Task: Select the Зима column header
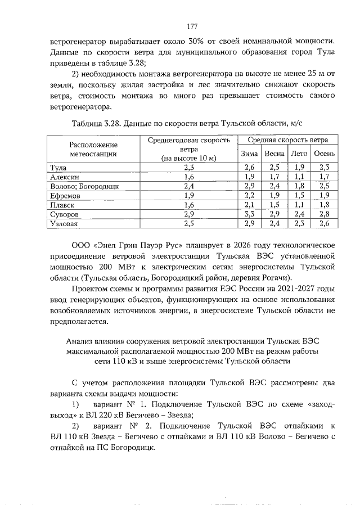pos(249,153)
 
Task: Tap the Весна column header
pos(274,153)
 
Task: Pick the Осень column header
pos(324,153)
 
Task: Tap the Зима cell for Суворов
pos(249,214)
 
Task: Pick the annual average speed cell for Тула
pos(188,167)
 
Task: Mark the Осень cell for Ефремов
pos(324,195)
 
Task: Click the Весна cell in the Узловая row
pos(274,223)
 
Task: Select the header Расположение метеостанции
pos(93,148)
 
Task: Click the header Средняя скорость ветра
pos(287,139)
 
